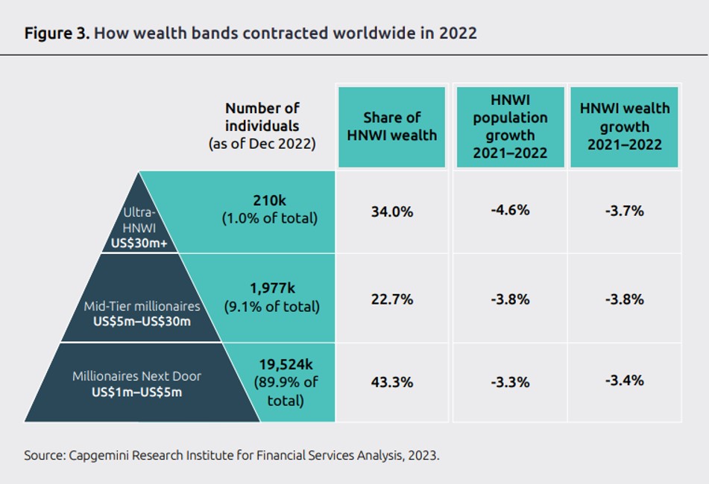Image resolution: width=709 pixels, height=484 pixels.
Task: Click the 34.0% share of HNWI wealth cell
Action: [392, 211]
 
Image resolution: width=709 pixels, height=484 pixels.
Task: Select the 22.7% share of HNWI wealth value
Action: [392, 299]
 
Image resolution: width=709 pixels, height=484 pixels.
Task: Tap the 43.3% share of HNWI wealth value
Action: [392, 382]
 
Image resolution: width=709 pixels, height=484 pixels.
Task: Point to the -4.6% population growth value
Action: [510, 210]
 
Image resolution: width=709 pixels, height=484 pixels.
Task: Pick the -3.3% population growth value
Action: [510, 383]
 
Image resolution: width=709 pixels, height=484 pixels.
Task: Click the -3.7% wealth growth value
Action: [624, 211]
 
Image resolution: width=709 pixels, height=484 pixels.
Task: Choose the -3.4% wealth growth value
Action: [624, 381]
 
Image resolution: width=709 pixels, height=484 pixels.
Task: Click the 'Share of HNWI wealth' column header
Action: [392, 127]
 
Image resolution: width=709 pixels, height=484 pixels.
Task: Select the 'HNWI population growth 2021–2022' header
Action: [510, 127]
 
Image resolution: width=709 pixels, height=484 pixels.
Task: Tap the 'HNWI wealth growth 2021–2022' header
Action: [624, 127]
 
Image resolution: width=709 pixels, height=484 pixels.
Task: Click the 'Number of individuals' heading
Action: [262, 117]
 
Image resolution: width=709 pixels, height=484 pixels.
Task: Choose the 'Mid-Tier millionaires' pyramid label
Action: [142, 307]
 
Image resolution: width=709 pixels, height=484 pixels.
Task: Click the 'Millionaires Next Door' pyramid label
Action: [136, 376]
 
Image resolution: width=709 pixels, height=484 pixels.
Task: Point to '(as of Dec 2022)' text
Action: [262, 144]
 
